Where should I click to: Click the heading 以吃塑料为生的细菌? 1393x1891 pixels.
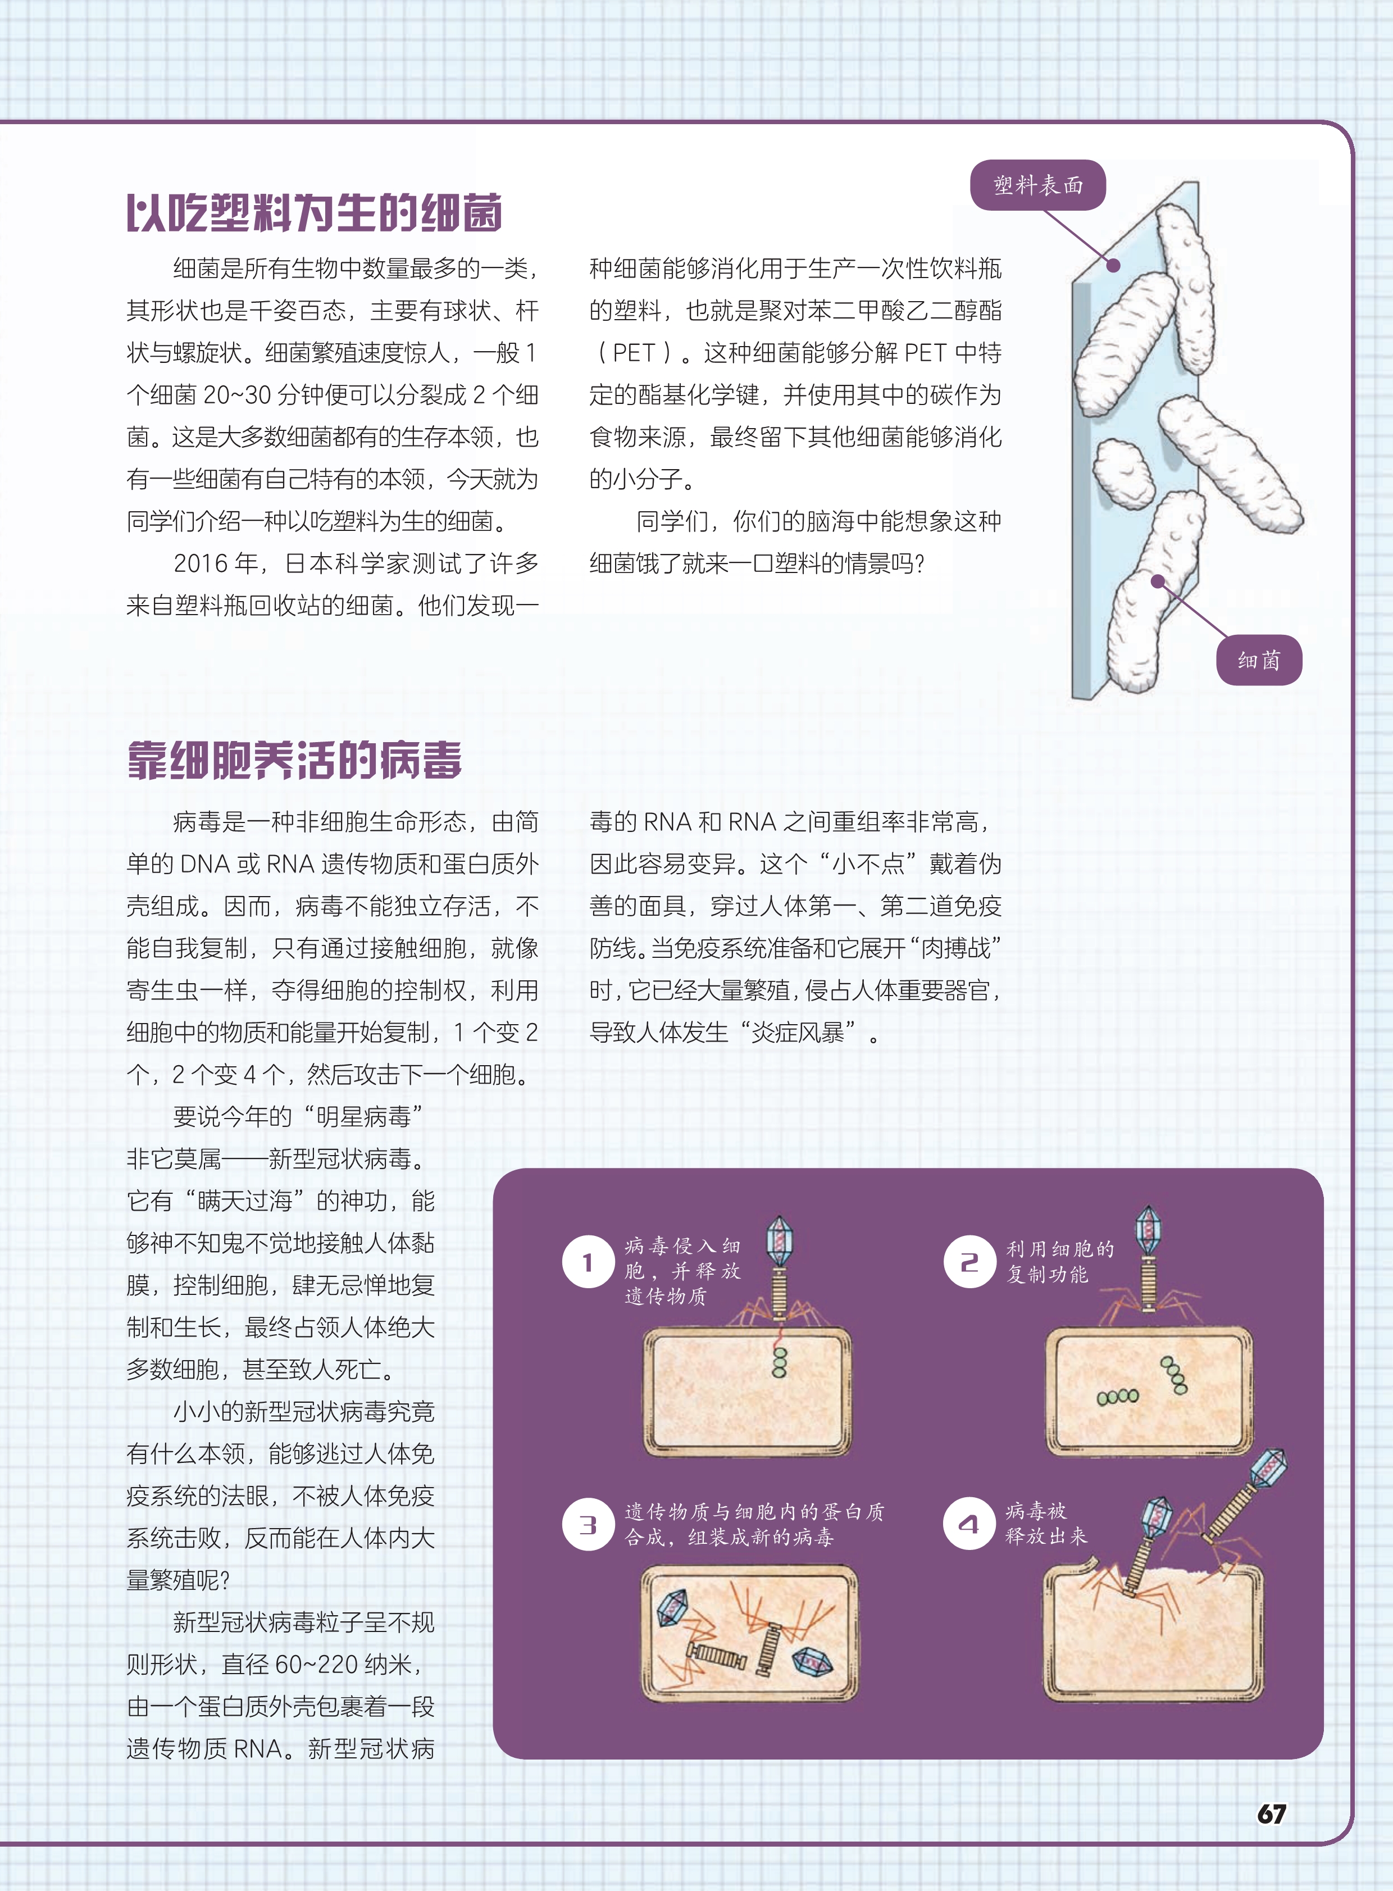315,212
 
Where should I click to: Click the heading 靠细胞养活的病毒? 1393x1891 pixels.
294,761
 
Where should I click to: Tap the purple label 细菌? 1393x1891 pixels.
1259,660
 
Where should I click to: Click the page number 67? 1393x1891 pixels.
1272,1813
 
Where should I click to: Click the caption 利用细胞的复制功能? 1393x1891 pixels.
1060,1261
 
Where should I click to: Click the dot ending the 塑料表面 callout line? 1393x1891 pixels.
1113,265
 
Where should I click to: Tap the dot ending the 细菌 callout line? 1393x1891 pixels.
1158,581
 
